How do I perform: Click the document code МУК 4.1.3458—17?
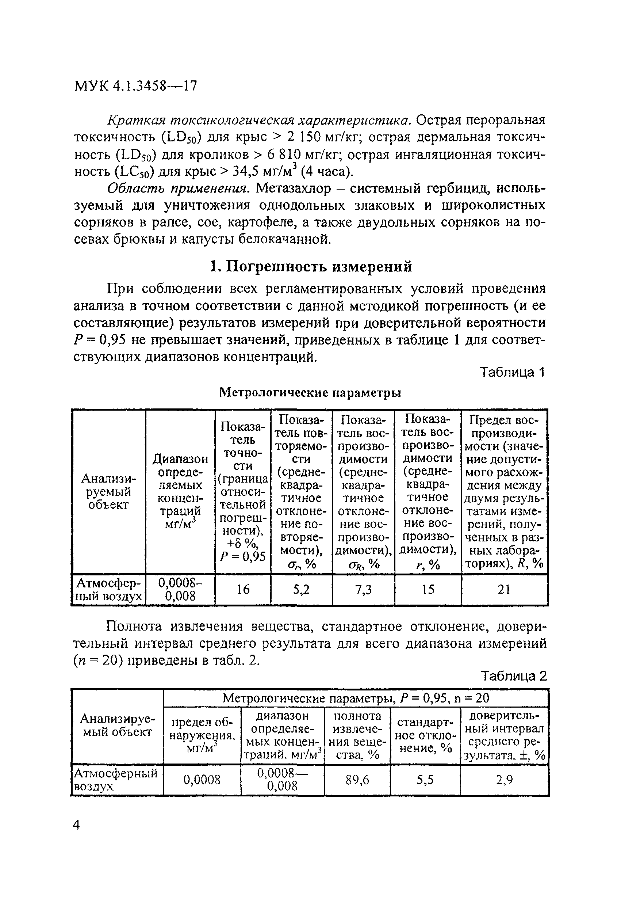point(135,86)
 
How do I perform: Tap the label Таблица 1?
point(511,372)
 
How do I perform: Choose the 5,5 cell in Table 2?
point(425,780)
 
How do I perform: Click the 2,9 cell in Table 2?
point(504,780)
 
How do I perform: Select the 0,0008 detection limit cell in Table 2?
point(202,780)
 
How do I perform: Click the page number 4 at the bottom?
point(77,825)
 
